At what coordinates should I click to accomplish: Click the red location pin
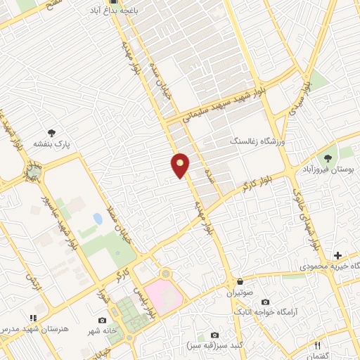pos(181,165)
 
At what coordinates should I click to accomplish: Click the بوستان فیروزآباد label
pos(330,170)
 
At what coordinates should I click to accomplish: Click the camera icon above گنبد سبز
pos(214,335)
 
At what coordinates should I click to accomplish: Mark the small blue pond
pos(97,219)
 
